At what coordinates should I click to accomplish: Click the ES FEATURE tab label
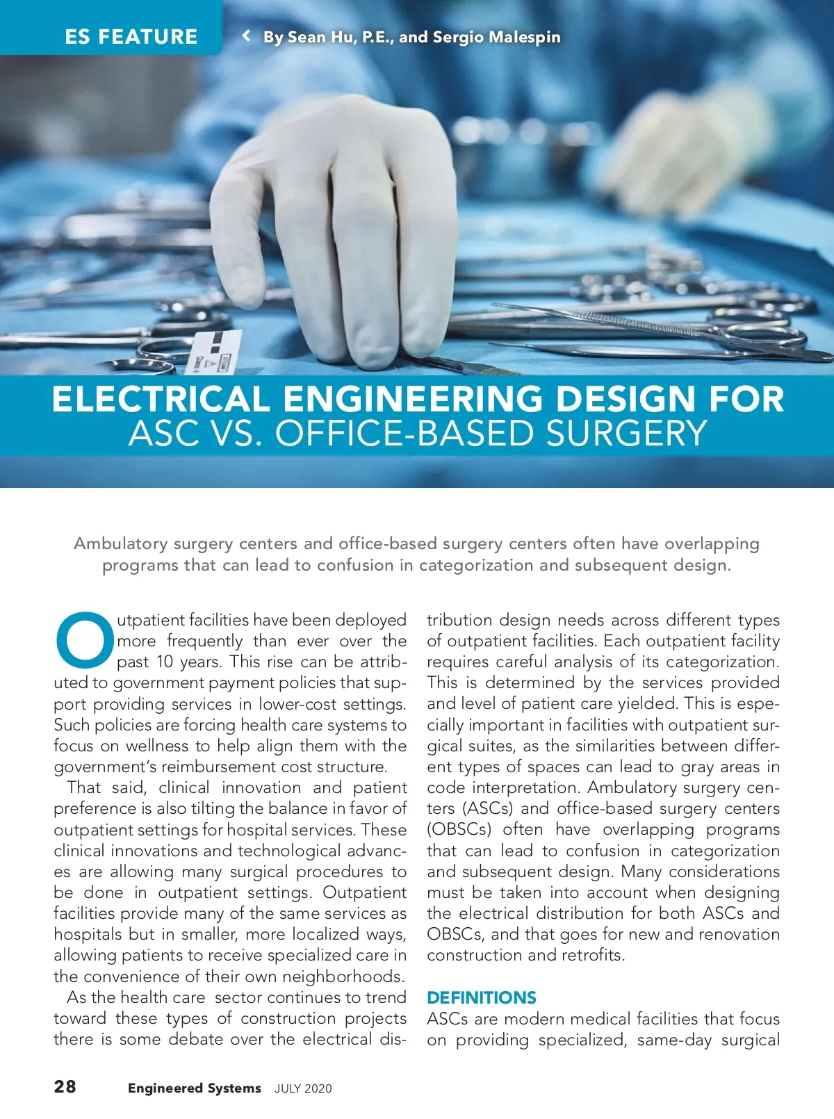(131, 36)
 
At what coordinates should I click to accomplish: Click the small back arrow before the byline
(246, 35)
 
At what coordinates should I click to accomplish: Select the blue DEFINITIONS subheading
(481, 997)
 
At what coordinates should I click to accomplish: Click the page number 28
(65, 1086)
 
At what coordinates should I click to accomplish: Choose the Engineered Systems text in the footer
(194, 1088)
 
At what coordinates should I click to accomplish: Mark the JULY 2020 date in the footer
(303, 1089)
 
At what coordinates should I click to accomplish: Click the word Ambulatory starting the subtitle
(120, 544)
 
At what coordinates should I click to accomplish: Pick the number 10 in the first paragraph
(164, 662)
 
